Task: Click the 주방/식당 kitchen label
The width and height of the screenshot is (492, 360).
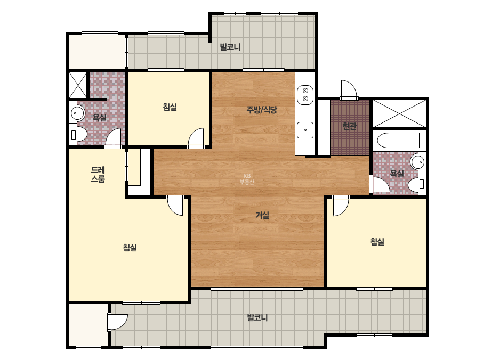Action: (262, 110)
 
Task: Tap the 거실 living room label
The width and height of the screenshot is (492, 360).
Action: (262, 215)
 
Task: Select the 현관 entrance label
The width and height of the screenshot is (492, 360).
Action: (349, 126)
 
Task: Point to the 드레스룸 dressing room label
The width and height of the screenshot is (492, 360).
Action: (98, 174)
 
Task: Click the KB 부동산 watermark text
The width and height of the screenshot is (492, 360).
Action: (247, 179)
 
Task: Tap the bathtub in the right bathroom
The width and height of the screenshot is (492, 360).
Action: (398, 141)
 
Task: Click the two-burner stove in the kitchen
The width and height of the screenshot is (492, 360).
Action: (305, 95)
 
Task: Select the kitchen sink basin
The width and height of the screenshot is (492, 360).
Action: (305, 130)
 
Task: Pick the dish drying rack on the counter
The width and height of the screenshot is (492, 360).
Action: (305, 113)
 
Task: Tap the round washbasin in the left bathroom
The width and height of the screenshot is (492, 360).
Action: (77, 112)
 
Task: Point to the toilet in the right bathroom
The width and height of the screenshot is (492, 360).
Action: (417, 184)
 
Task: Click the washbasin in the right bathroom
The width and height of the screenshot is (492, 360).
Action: (418, 162)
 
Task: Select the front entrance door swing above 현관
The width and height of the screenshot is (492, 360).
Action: (349, 89)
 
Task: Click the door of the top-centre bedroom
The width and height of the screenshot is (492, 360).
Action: (196, 138)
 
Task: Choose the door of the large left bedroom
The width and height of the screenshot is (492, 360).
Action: (174, 206)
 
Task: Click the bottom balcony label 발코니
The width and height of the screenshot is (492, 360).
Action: (257, 317)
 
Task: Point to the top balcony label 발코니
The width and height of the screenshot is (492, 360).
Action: (230, 47)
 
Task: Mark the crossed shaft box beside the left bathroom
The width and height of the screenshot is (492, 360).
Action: (77, 85)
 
